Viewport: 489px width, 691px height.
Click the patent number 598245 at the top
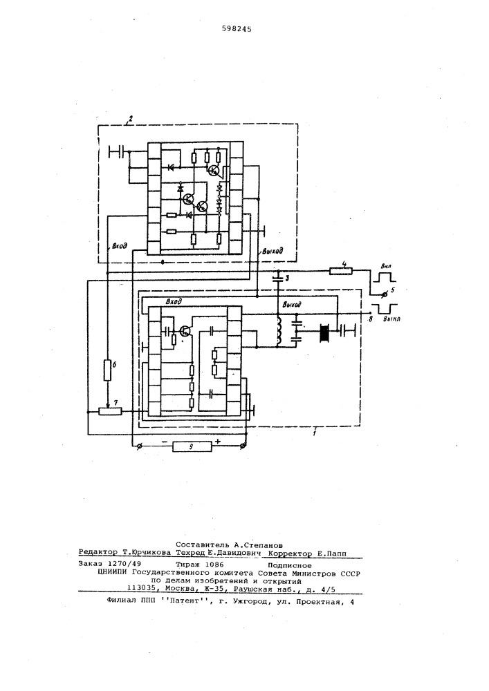237,29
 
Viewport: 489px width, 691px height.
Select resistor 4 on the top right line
341,271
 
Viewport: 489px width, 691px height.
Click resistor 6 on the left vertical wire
108,370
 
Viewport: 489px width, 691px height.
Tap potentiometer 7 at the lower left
110,411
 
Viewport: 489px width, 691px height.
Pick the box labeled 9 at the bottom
192,447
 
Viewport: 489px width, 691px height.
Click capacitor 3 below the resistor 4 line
278,278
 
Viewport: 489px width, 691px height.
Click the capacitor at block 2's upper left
118,151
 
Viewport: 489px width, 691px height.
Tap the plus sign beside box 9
218,441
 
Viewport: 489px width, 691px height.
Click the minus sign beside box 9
164,441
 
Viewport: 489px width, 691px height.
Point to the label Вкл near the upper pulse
387,267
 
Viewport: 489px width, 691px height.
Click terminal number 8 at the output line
371,318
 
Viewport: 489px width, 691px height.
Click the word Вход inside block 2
120,246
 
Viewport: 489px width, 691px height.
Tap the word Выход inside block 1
292,305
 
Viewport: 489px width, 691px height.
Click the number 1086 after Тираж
214,565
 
